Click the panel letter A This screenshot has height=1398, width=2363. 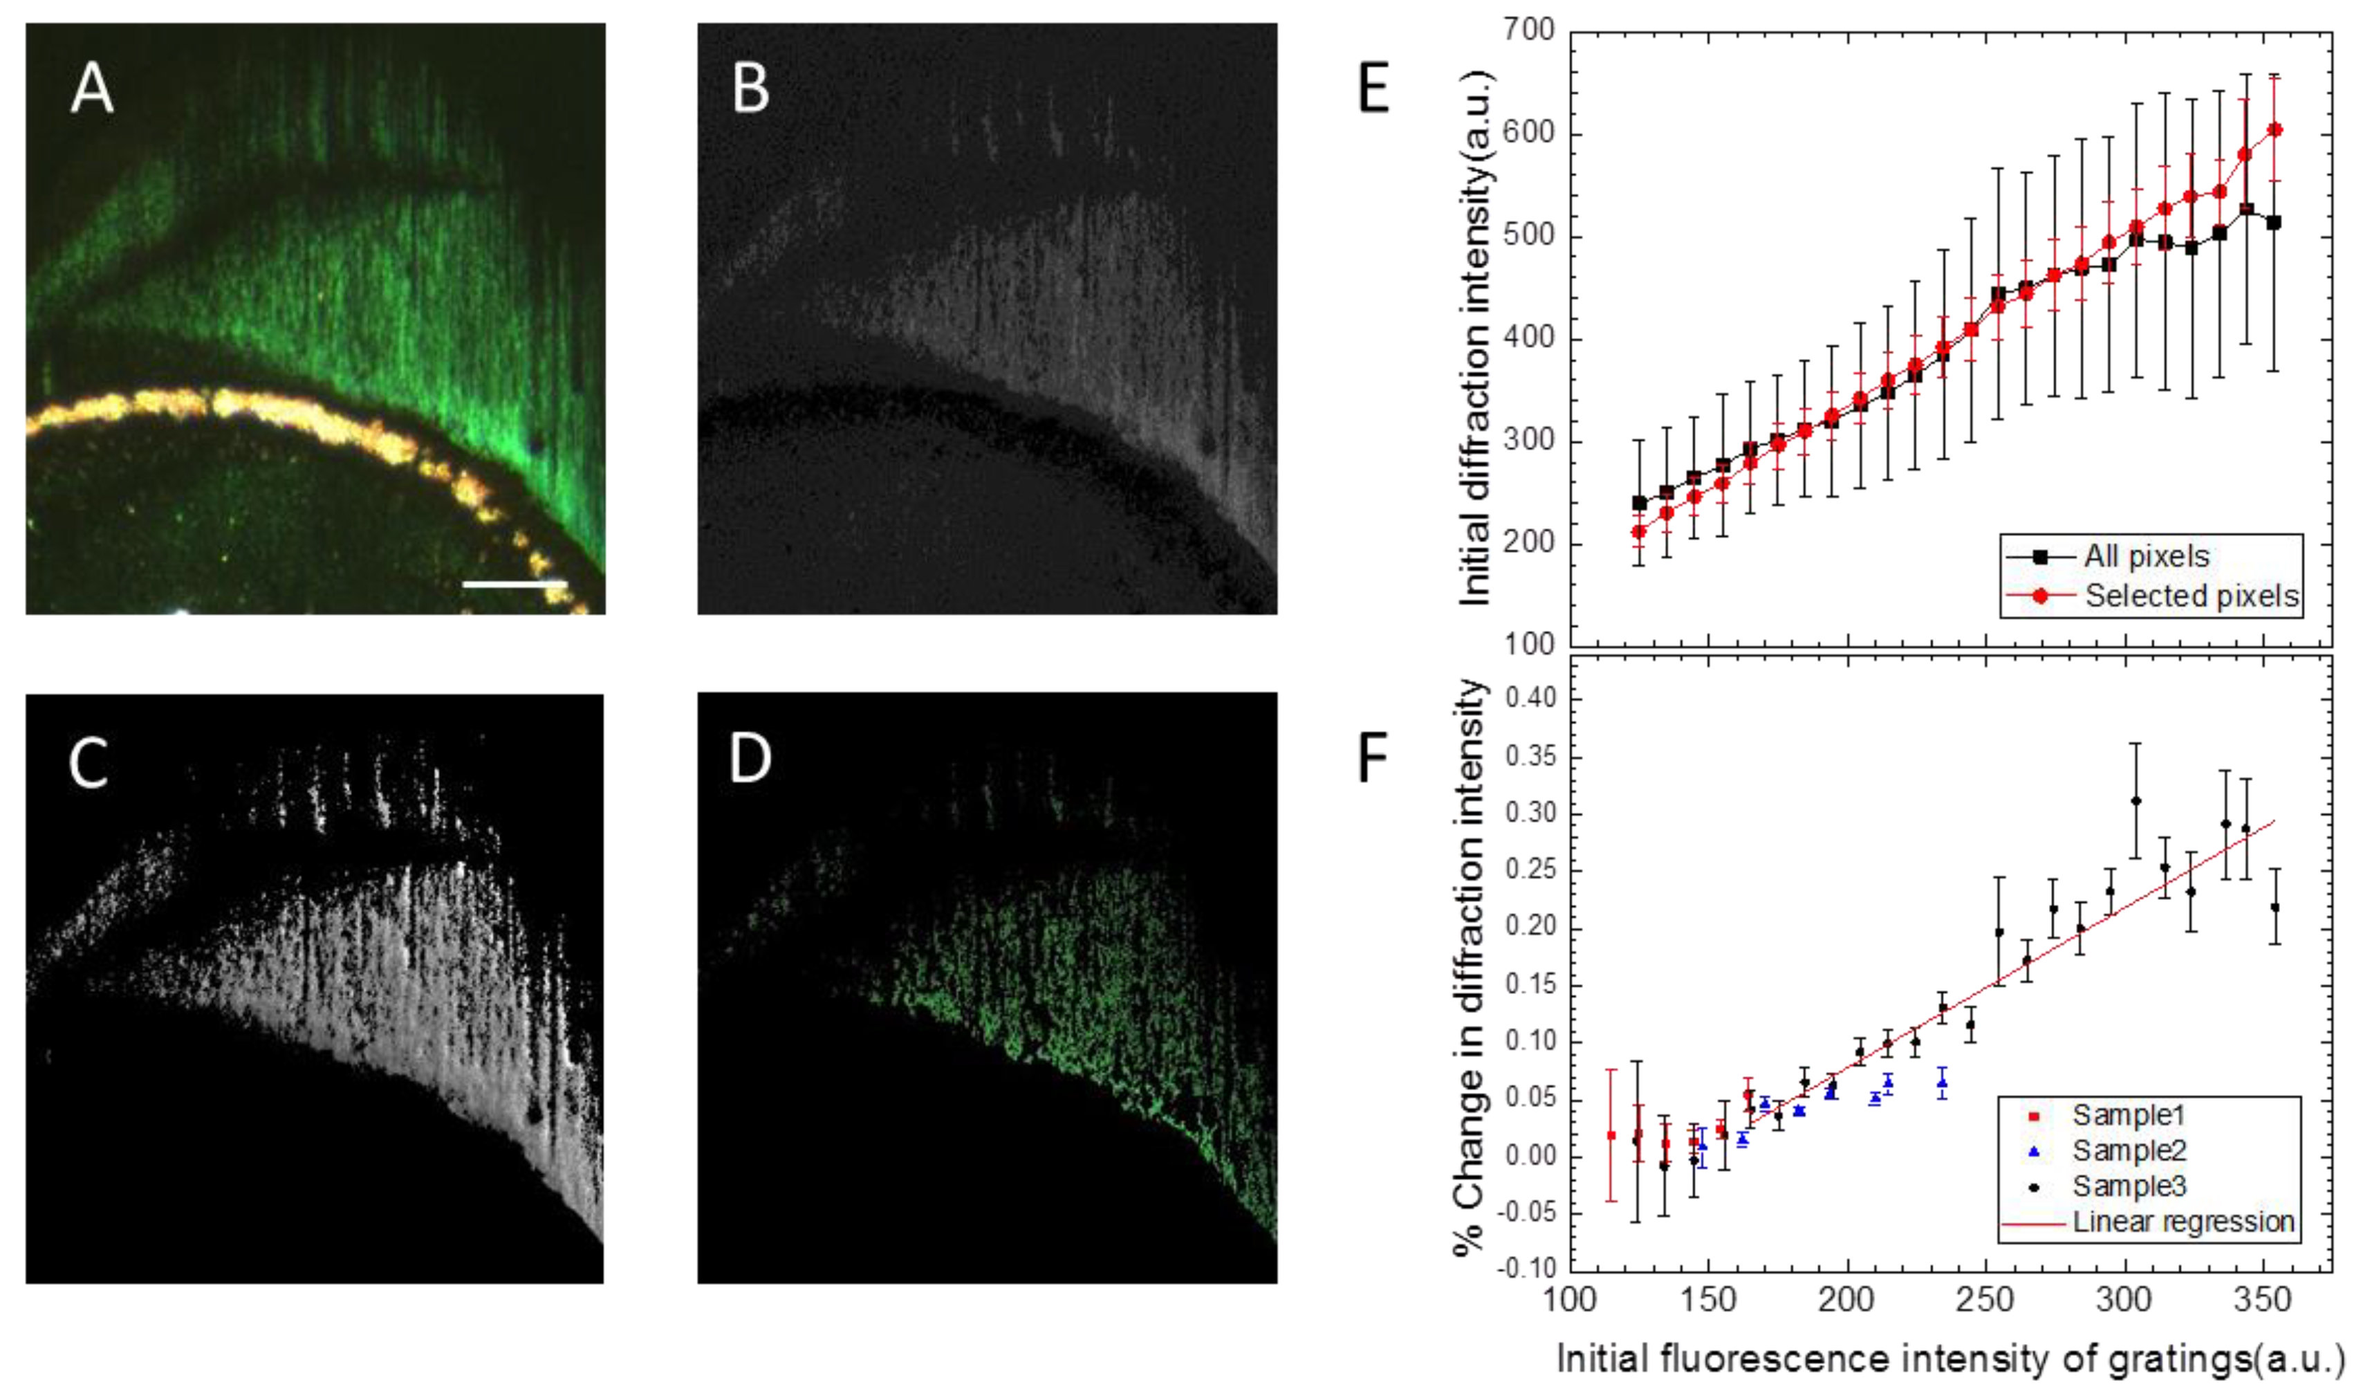pos(91,91)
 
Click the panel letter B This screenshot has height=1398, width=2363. pos(750,91)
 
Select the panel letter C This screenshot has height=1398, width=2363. pos(89,763)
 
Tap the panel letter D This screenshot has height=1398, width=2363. pos(750,760)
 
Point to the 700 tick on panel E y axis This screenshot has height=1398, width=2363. pos(1530,31)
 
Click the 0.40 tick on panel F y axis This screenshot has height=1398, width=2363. pos(1530,699)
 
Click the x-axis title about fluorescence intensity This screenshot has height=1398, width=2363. pos(1949,1361)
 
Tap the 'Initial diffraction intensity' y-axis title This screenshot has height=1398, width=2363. pos(1475,338)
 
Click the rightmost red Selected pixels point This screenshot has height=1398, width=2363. pos(2274,130)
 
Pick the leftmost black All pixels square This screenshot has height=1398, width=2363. pos(1640,503)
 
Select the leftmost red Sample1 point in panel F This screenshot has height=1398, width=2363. pos(1611,1135)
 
